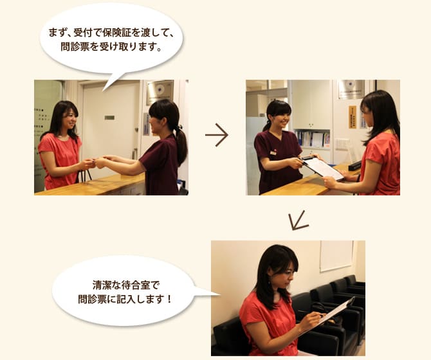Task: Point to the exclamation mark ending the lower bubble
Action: [x=169, y=299]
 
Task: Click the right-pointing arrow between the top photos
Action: [x=217, y=135]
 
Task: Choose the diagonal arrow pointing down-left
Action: [x=298, y=221]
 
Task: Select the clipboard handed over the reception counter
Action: [x=322, y=167]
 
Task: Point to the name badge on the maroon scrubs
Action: [x=273, y=153]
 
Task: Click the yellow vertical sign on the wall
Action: [x=353, y=117]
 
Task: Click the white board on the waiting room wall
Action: [x=336, y=256]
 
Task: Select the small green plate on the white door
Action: [x=109, y=118]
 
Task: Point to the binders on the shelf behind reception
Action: [x=313, y=139]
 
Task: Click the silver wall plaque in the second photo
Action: [x=352, y=89]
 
